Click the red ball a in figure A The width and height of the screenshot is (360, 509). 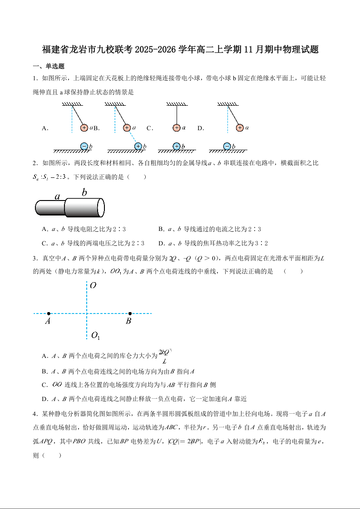(x=84, y=128)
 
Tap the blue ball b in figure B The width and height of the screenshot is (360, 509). (x=138, y=146)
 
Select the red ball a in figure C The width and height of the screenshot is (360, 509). (x=177, y=128)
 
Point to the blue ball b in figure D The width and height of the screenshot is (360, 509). (x=227, y=146)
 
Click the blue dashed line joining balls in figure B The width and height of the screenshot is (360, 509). (x=133, y=137)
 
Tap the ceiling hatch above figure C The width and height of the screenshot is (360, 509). (x=177, y=104)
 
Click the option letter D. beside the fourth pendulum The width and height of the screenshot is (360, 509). (x=201, y=128)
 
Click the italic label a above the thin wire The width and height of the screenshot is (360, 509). (x=58, y=196)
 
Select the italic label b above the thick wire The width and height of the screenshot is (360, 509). (x=84, y=192)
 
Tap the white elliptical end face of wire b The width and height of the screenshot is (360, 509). (x=101, y=208)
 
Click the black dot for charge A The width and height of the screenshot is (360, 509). (x=49, y=313)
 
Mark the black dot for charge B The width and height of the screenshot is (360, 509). (x=130, y=313)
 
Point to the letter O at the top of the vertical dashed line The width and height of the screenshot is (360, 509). (x=93, y=286)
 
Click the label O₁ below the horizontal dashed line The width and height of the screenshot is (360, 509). (x=95, y=336)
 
